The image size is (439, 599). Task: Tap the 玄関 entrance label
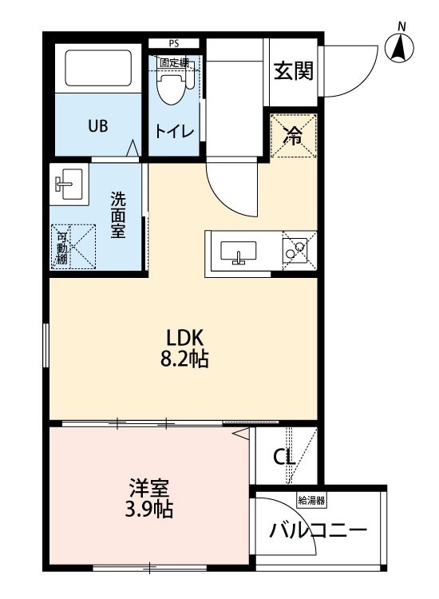tap(294, 70)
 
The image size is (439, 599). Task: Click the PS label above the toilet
tap(174, 43)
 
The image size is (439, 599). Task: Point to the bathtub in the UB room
tap(98, 68)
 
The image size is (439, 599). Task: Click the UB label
tap(98, 125)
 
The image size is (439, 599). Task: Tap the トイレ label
tap(175, 132)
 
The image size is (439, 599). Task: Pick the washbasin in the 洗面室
tap(69, 184)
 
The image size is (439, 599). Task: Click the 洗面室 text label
tap(118, 215)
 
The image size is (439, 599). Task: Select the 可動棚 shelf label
tap(61, 248)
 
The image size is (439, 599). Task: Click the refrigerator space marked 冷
tap(294, 135)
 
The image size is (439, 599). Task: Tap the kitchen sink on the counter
tap(238, 252)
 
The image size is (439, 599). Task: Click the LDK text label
tap(184, 338)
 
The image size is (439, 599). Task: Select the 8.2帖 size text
tap(184, 359)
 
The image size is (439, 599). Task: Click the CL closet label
tap(284, 456)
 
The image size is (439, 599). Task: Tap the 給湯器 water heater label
tap(311, 501)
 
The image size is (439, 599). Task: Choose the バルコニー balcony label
tap(318, 530)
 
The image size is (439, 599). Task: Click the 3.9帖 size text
tap(149, 510)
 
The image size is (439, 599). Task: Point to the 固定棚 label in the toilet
tap(174, 62)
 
